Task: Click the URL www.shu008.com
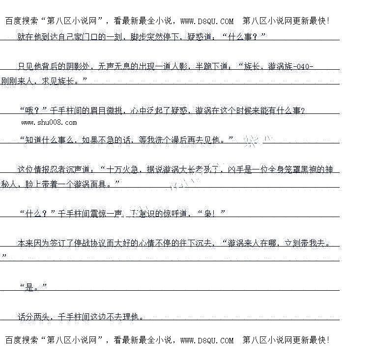tap(49, 122)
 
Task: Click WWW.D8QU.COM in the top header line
tap(207, 21)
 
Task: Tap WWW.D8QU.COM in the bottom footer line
tap(207, 340)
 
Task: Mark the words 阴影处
tap(78, 67)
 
